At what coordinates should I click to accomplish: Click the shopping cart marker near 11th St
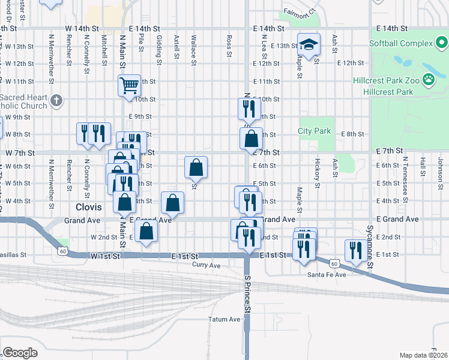click(x=129, y=85)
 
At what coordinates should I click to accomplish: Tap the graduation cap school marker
click(x=309, y=45)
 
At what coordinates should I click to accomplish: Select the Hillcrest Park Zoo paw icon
click(x=429, y=79)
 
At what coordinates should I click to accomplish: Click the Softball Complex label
click(x=401, y=43)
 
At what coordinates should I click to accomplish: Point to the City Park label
click(x=315, y=131)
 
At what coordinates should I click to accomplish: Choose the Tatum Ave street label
click(x=224, y=319)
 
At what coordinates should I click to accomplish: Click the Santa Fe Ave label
click(x=327, y=275)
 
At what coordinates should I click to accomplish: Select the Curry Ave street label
click(x=206, y=265)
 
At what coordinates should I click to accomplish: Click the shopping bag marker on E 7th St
click(x=251, y=139)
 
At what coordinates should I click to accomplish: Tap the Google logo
click(x=20, y=353)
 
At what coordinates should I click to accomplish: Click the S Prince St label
click(x=247, y=294)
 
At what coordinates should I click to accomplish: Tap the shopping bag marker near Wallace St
click(x=196, y=167)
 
